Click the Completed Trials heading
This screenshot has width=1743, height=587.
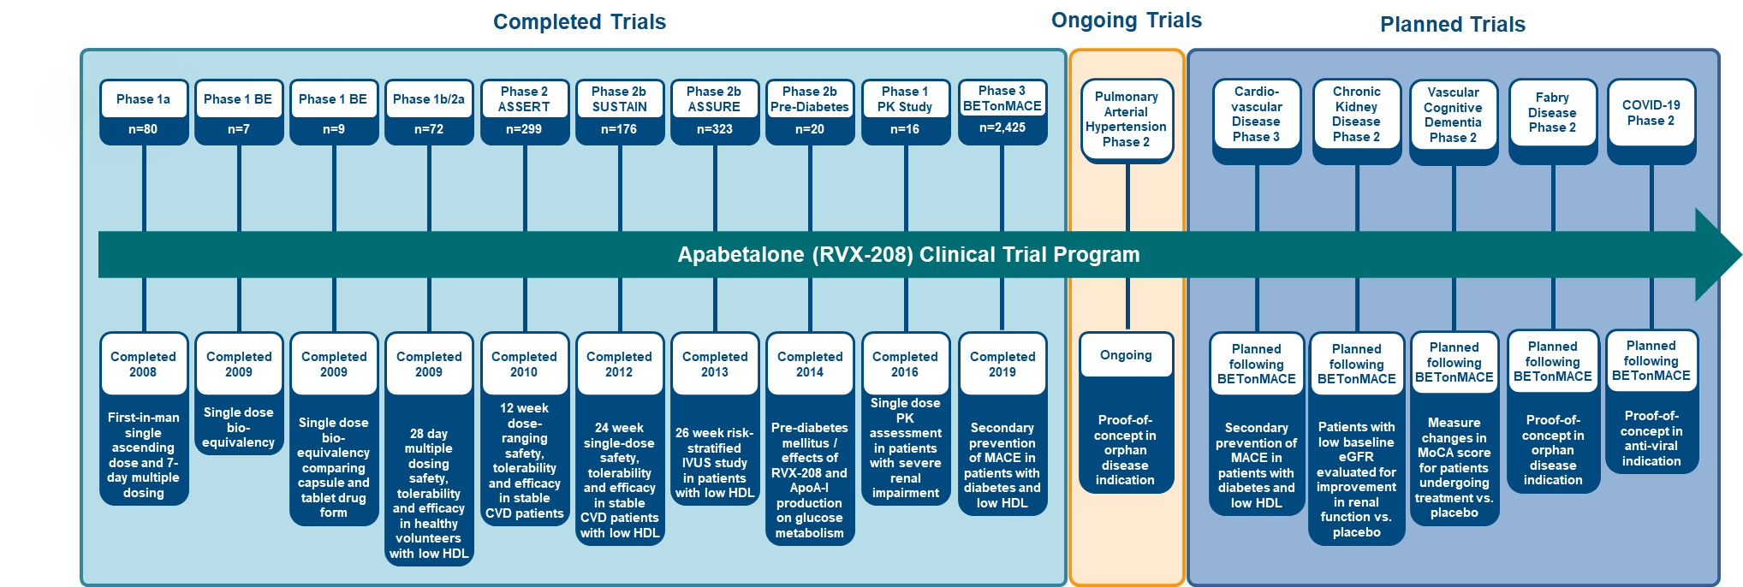580,22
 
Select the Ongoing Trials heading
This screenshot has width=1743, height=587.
1127,21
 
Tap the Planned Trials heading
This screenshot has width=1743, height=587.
1453,25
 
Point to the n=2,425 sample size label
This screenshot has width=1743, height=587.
1002,127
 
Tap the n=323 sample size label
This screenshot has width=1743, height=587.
714,129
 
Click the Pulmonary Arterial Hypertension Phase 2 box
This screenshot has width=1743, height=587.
1127,119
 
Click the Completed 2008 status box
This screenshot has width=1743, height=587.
144,364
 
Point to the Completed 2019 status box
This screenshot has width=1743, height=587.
1002,364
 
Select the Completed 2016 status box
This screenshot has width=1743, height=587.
905,364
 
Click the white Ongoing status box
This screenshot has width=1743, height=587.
1127,355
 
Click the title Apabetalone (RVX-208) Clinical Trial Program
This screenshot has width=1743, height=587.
908,255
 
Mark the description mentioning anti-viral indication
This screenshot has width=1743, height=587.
1651,438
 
